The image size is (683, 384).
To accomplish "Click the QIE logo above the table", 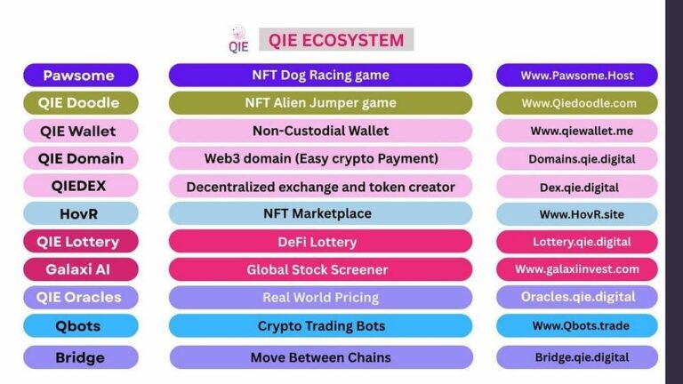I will tap(238, 40).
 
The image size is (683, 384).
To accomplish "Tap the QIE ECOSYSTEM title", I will tap(335, 40).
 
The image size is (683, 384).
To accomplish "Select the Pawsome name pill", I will tap(80, 76).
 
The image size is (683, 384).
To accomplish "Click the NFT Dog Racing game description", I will tap(320, 75).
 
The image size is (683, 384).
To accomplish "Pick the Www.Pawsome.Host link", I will tap(577, 76).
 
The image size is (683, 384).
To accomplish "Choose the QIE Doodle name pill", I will tap(80, 103).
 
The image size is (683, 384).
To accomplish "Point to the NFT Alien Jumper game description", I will tap(320, 103).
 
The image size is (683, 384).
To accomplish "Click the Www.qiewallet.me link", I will tap(577, 131).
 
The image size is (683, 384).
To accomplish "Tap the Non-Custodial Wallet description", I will tap(320, 131).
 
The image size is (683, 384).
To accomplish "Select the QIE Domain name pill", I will tap(80, 158).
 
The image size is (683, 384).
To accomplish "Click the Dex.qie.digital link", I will tap(577, 187).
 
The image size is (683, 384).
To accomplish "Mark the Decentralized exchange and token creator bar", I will tap(320, 187).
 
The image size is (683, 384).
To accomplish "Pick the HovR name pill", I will tap(80, 213).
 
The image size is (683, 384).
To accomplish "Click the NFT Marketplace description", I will tap(320, 213).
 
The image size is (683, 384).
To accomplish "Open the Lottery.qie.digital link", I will tap(577, 241).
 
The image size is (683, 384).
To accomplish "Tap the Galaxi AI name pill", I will tap(80, 268).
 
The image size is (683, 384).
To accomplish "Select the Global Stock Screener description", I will tap(320, 268).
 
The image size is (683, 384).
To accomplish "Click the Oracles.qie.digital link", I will tap(577, 297).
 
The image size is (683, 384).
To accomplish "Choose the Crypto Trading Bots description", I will tap(320, 325).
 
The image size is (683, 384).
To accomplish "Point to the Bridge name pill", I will tap(80, 357).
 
